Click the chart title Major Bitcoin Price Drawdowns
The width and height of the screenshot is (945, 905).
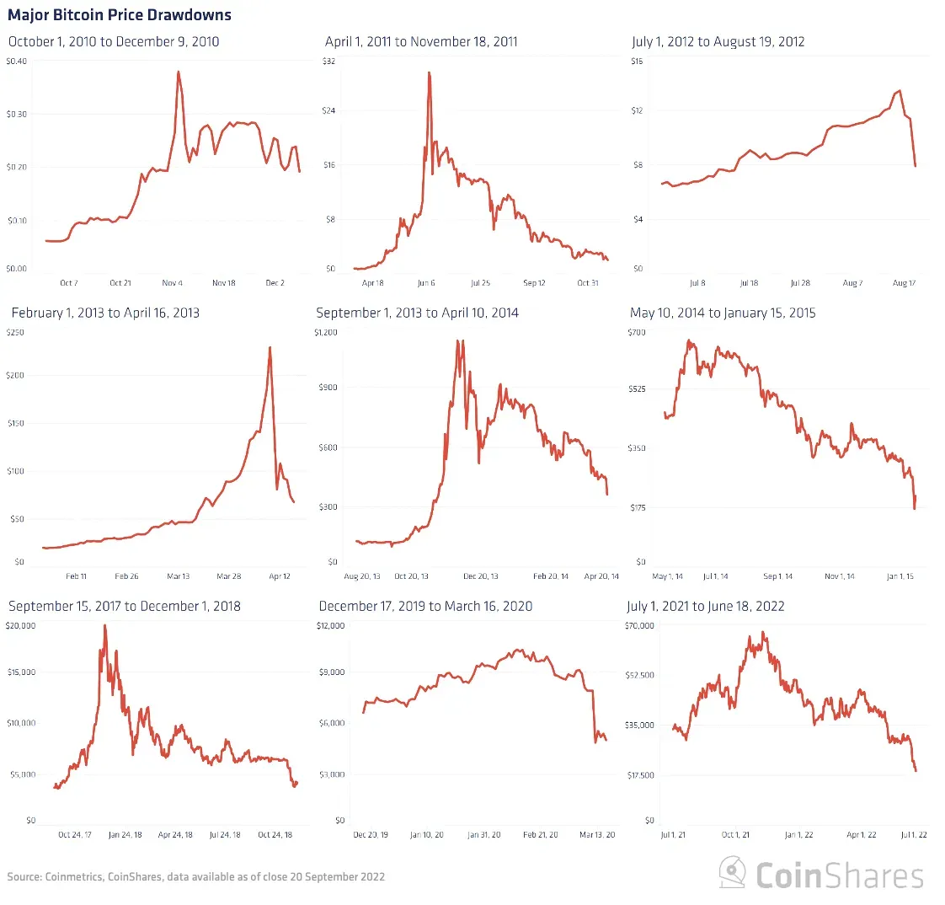coord(120,15)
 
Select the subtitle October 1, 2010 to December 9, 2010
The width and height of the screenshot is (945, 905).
coord(114,41)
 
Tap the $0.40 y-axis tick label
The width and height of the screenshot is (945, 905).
coord(17,61)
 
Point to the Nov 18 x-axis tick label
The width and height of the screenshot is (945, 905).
coord(223,283)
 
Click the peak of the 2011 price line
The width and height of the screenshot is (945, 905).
coord(430,72)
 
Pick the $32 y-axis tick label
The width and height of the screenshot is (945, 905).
coord(329,61)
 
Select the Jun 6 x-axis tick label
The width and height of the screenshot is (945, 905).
coord(426,283)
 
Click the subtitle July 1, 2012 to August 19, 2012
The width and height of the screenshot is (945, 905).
coord(718,41)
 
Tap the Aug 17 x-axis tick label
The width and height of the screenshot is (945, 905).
coord(904,283)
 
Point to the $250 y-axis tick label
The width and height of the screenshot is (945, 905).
coord(16,332)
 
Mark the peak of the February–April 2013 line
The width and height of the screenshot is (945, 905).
coord(270,346)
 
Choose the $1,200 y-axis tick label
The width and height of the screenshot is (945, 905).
coord(325,332)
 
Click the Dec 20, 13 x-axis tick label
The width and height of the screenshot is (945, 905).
coord(481,576)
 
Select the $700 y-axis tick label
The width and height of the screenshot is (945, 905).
coord(637,332)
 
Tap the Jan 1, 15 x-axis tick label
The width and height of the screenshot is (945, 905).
coord(899,576)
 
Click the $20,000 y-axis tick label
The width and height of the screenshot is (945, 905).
coord(21,625)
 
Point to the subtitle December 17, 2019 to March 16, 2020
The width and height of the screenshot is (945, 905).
coord(425,606)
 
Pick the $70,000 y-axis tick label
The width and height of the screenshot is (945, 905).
coord(638,625)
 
